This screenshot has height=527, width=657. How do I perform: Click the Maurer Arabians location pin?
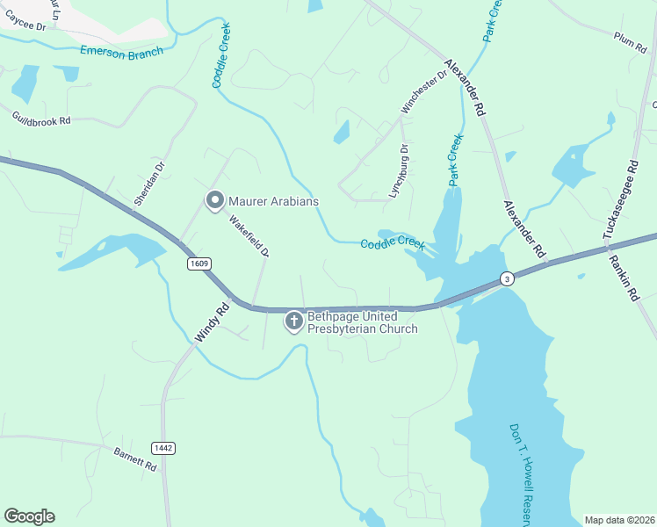tap(213, 201)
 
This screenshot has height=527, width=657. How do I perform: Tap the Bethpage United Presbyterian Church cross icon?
tap(293, 322)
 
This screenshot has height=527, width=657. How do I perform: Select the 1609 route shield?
tap(199, 263)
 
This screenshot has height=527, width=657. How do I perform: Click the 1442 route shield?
tap(162, 448)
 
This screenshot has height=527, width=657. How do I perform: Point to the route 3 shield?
tap(507, 279)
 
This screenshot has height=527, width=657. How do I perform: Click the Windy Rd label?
tap(211, 322)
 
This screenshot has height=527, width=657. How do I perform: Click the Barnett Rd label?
tap(135, 459)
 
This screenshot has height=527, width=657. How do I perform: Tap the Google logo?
tap(29, 516)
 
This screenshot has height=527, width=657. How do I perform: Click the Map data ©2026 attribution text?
tap(620, 520)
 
